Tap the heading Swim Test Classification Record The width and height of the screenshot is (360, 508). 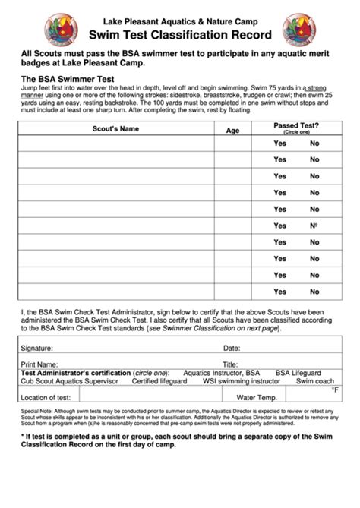tap(179, 34)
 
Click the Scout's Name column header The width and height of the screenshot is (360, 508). tap(115, 129)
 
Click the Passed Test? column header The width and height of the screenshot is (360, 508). tap(295, 125)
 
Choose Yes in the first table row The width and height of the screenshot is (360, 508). tap(279, 143)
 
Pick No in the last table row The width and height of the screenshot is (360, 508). tap(314, 292)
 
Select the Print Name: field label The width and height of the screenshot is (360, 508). tap(40, 364)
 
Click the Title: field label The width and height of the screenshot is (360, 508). tap(230, 364)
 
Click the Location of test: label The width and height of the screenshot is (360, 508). tap(46, 397)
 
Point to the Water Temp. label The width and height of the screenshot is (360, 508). tap(257, 397)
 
